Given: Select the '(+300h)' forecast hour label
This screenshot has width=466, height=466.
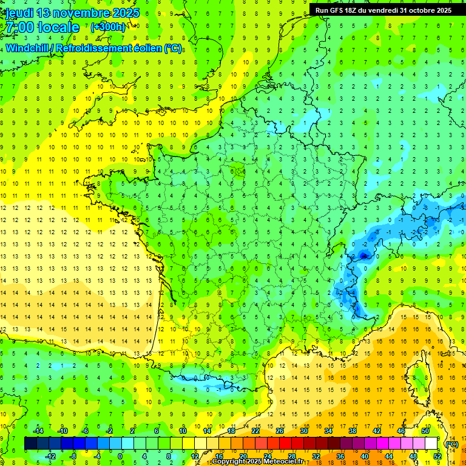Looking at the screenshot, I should pos(107,27).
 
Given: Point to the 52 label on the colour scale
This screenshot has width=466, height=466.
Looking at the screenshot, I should pos(437,456).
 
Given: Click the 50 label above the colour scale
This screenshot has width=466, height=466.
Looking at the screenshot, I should pos(425,431).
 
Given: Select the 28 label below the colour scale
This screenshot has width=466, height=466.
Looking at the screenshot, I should pos(292,456).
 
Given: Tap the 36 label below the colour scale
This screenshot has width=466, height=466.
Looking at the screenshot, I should pos(340,456).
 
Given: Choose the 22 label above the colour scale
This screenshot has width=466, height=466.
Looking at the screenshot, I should pos(255,431).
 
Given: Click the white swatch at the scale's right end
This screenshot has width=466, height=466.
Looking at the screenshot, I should pos(431,444).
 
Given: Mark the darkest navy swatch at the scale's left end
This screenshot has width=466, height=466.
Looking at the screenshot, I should pos(30,444).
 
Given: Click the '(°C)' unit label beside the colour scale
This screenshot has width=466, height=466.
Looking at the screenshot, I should pos(452,444).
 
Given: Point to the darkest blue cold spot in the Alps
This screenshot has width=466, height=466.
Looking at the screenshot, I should pos(363,255).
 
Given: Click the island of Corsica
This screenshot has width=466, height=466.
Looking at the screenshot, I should pos(419,379).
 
